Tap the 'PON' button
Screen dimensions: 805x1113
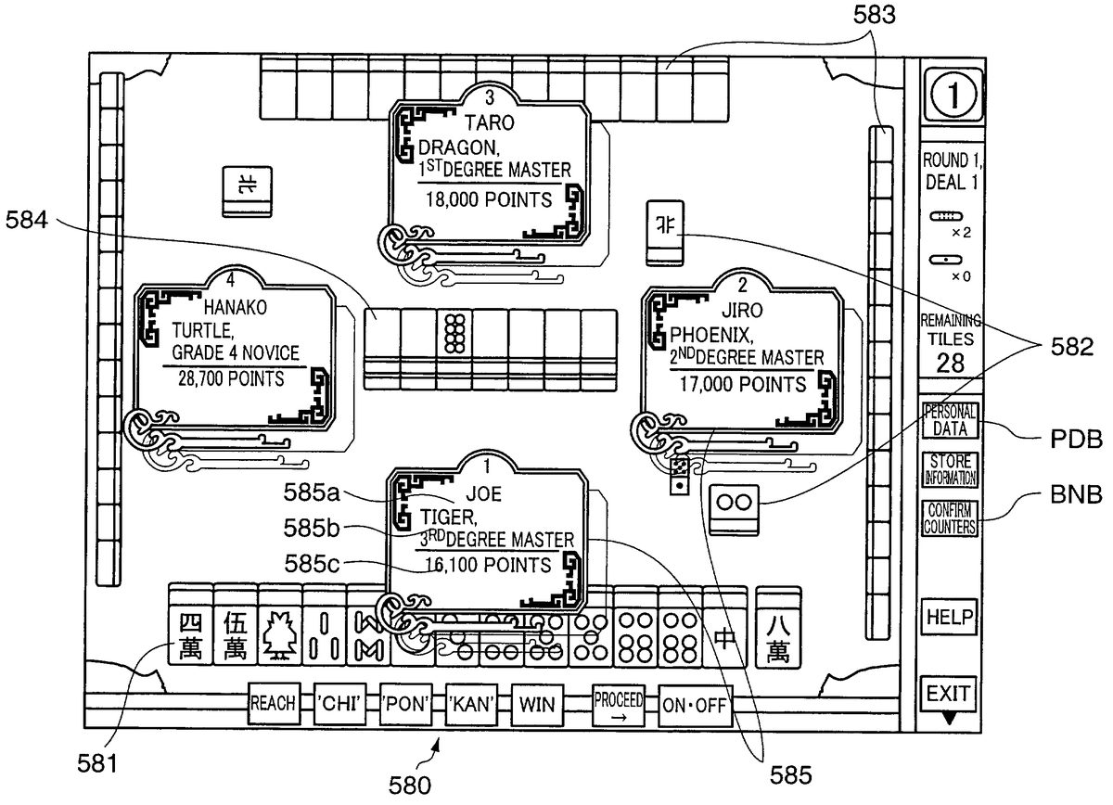(x=405, y=705)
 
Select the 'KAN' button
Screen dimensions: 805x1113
(x=471, y=705)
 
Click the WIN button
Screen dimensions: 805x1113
(x=537, y=705)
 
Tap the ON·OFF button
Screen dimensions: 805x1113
(x=695, y=705)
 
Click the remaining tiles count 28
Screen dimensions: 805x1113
(x=950, y=361)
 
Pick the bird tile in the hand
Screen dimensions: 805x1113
(x=278, y=636)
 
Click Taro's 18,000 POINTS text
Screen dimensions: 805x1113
(x=487, y=198)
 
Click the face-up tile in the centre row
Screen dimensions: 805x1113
(x=454, y=332)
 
